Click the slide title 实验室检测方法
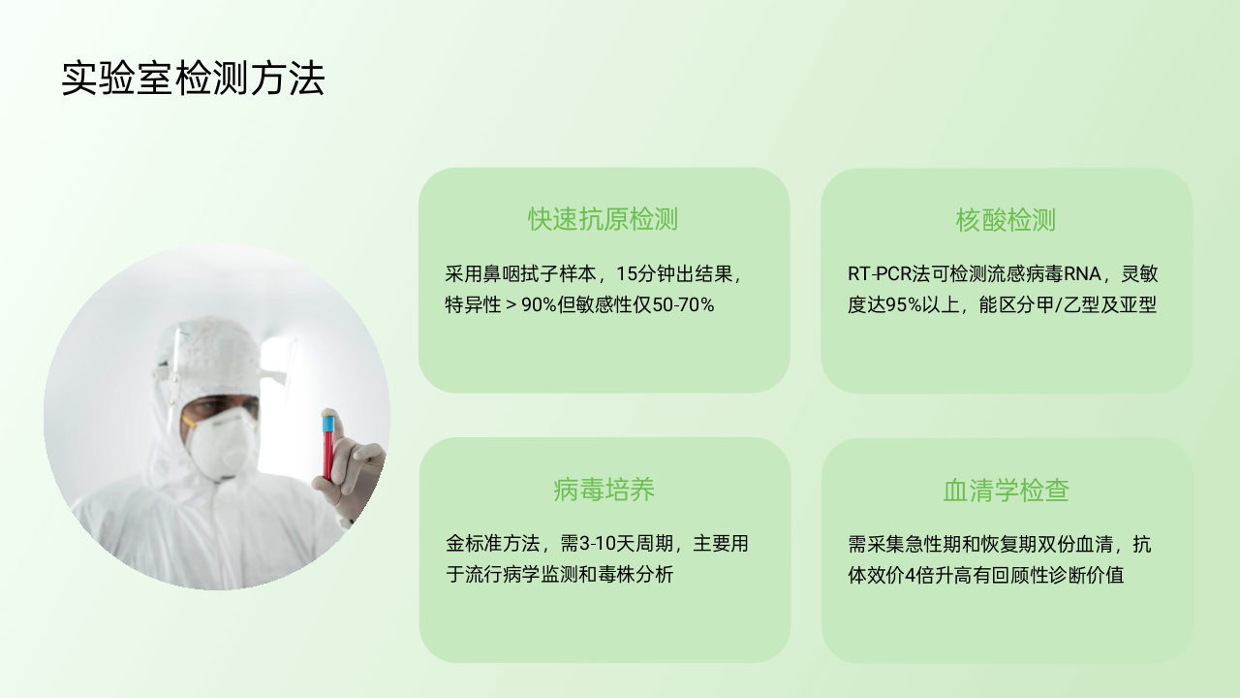click(193, 79)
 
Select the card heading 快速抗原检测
click(603, 219)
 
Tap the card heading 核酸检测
click(1006, 220)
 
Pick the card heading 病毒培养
click(604, 490)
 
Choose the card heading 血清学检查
click(1006, 491)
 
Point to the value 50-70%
click(684, 304)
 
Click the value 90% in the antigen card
click(540, 304)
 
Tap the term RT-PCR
click(880, 273)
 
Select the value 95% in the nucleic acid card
click(904, 304)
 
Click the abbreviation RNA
click(1082, 273)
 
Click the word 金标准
click(474, 544)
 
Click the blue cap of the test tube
click(328, 424)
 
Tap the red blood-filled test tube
click(328, 448)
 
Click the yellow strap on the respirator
click(189, 422)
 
